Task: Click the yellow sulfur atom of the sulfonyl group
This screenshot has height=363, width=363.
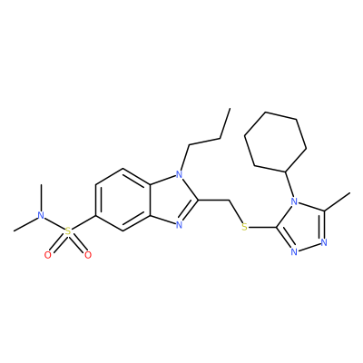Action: [x=68, y=231]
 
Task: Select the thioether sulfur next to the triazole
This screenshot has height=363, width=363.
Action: [x=245, y=227]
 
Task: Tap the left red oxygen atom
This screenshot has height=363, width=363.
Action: [x=48, y=255]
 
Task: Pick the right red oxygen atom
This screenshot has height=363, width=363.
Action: [x=88, y=255]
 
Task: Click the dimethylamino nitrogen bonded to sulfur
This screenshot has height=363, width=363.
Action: [x=41, y=216]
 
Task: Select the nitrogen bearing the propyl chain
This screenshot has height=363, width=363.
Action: [x=180, y=174]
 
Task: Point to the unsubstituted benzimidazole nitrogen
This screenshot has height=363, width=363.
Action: [x=180, y=225]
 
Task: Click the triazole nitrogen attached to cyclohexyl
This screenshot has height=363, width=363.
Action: [x=293, y=201]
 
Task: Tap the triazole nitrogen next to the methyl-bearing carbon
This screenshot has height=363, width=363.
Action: [x=324, y=242]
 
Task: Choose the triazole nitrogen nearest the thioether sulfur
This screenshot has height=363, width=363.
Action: [x=293, y=252]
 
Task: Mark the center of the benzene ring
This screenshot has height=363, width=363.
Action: [x=123, y=200]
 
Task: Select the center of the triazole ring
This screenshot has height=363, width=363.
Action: [x=302, y=227]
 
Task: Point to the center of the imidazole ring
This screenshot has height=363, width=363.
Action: [x=172, y=200]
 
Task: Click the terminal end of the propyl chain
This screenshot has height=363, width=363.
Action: [x=230, y=108]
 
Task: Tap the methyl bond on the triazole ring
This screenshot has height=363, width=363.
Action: [x=338, y=201]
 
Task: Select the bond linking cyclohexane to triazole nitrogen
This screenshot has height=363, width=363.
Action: [x=289, y=185]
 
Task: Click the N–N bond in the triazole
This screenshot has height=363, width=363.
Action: [x=309, y=247]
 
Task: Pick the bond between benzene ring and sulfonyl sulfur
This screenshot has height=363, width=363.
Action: [x=83, y=222]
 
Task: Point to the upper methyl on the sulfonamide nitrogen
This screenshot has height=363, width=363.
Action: [x=41, y=198]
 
